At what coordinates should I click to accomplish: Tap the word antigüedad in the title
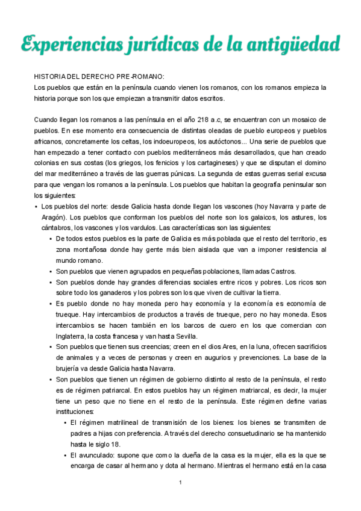(297, 44)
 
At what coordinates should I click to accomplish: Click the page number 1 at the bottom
(180, 483)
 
